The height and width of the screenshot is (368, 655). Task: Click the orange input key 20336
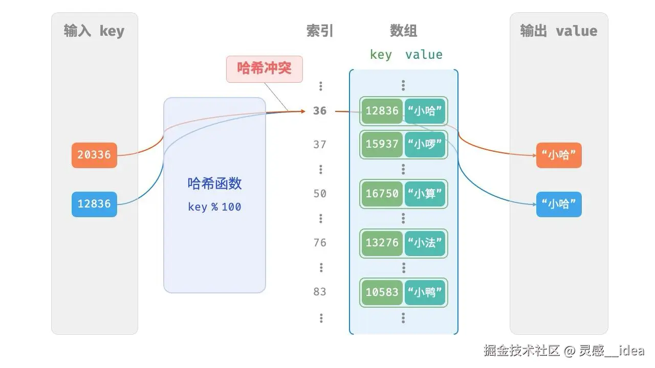tap(94, 155)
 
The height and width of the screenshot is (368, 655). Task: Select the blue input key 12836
tap(94, 204)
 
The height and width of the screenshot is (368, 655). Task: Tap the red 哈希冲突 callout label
tap(264, 68)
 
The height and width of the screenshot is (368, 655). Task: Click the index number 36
tap(320, 110)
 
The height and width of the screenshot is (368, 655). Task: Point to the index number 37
tap(320, 145)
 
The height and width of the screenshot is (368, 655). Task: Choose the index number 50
tap(320, 194)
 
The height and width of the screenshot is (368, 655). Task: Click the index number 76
tap(320, 243)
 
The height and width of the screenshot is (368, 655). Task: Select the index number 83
tap(320, 292)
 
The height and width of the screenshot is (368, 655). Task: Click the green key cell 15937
tap(382, 144)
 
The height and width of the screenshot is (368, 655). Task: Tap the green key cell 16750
tap(382, 194)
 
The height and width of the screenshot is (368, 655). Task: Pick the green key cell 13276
tap(382, 243)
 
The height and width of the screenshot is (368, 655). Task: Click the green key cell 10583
tap(382, 292)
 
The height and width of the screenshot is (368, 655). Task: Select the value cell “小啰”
tap(425, 144)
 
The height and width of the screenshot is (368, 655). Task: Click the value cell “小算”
tap(425, 194)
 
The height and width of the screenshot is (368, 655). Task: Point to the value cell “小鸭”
tap(425, 292)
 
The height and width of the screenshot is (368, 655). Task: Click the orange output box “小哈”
tap(559, 155)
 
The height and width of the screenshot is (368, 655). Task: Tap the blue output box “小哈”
tap(559, 204)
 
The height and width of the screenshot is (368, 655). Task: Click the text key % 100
tap(214, 207)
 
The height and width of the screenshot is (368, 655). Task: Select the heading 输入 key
tap(94, 31)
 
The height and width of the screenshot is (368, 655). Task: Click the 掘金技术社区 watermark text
tap(521, 351)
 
